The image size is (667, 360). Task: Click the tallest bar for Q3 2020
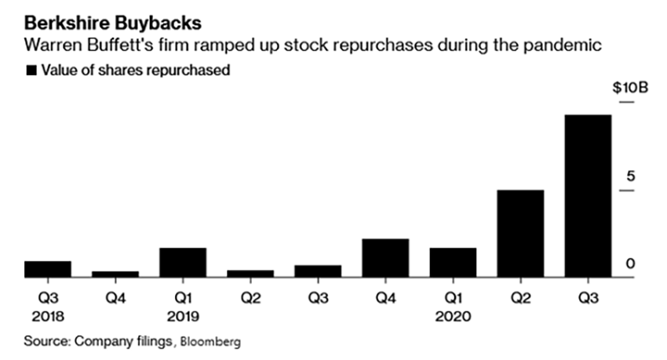click(x=587, y=196)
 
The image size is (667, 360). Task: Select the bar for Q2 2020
click(x=519, y=234)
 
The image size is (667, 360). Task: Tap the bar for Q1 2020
click(x=452, y=263)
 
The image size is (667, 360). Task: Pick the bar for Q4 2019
click(x=385, y=258)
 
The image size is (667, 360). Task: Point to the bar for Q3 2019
click(x=317, y=271)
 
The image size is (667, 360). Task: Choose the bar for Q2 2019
click(x=250, y=274)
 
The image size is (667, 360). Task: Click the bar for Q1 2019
click(x=182, y=263)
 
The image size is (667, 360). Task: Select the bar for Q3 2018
click(x=48, y=269)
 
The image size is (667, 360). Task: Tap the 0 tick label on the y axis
click(x=629, y=264)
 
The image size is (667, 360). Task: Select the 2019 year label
click(x=182, y=317)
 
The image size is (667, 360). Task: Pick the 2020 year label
click(x=452, y=317)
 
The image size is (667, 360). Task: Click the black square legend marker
click(x=31, y=71)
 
